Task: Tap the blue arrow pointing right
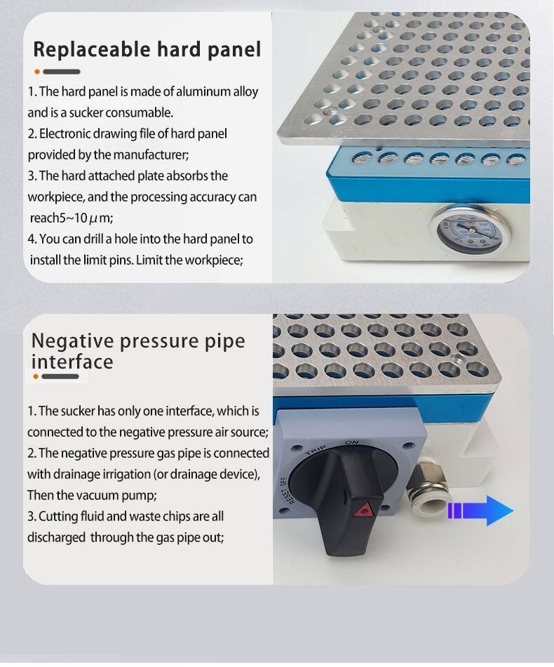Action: [x=480, y=510]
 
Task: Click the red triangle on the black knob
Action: [x=363, y=509]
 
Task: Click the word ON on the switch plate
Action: [x=352, y=442]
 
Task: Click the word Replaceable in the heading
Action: [x=92, y=49]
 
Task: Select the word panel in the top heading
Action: [x=234, y=49]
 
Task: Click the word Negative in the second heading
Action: [x=72, y=341]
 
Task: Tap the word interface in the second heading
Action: [x=72, y=362]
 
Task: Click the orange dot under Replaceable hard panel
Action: [x=37, y=72]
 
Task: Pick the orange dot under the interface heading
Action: [x=36, y=376]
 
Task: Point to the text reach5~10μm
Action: [x=72, y=218]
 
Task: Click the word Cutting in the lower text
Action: [x=55, y=517]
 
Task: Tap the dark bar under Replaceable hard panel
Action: [x=62, y=72]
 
